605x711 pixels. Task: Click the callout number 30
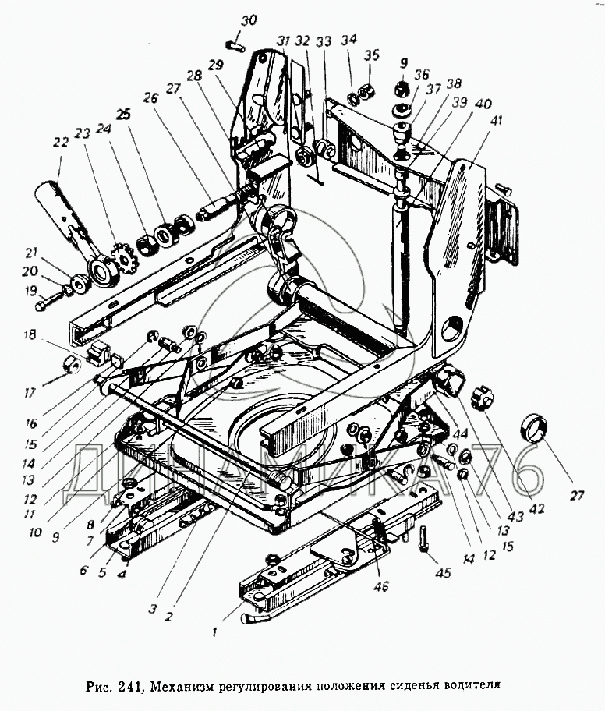pos(249,21)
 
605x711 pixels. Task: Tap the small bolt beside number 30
pos(235,45)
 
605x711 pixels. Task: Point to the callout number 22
pos(60,142)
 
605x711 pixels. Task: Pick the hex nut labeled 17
pos(71,364)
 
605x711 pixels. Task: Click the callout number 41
pos(497,121)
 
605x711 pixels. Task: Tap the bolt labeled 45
pos(424,538)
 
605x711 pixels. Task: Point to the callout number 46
pos(381,587)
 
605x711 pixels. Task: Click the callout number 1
pos(215,631)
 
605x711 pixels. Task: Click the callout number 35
pos(371,56)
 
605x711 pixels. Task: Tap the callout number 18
pos(30,334)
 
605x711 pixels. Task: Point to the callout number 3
pos(152,609)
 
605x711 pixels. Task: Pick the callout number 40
pos(483,104)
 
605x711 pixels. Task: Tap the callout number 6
pos(83,570)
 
